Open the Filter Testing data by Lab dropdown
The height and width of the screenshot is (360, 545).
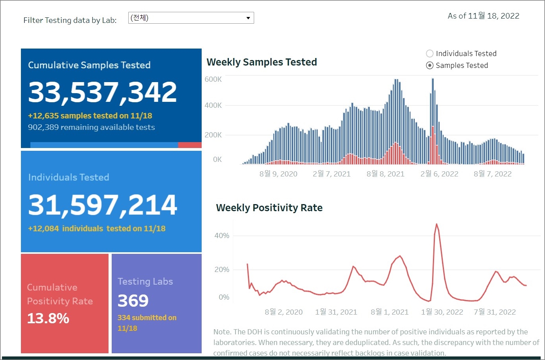[x=191, y=18]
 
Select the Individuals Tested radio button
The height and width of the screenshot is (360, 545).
[x=430, y=54]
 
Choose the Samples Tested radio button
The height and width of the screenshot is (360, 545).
[x=430, y=66]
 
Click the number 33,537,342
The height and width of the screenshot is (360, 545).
[x=103, y=92]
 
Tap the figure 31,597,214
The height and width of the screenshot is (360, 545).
[x=103, y=205]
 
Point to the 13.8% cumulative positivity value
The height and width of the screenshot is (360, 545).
[x=48, y=318]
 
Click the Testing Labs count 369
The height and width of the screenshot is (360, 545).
[x=133, y=301]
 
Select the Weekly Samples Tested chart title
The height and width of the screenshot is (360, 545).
[x=262, y=62]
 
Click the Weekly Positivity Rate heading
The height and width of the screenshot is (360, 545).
[x=269, y=208]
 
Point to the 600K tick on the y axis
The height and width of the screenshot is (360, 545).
[x=213, y=79]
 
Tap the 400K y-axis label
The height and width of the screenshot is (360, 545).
[x=213, y=105]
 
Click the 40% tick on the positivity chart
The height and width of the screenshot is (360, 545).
[x=222, y=236]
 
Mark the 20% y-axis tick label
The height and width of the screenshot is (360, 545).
[x=222, y=270]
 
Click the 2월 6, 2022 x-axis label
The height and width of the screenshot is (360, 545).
[x=439, y=174]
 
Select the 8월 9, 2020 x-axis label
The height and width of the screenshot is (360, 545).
[x=278, y=174]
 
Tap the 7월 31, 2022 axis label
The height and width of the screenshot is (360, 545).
[x=494, y=312]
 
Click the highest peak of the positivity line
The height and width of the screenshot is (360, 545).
[x=436, y=224]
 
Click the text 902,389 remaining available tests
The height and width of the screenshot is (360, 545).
[x=91, y=127]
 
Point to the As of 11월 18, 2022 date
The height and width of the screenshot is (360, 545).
[x=483, y=16]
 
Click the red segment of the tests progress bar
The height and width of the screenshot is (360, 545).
[x=190, y=145]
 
